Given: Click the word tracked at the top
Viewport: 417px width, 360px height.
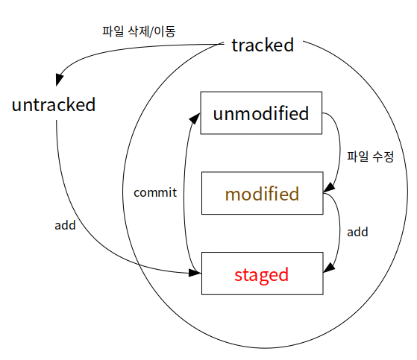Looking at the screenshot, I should [262, 45].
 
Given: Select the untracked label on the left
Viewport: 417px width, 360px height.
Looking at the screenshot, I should [54, 104].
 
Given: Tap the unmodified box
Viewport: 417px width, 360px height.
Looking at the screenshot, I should [261, 114].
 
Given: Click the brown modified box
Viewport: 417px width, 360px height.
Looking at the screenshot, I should [262, 195].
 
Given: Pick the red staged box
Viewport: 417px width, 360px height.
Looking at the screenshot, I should [262, 274].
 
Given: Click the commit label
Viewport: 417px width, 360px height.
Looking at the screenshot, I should [154, 192].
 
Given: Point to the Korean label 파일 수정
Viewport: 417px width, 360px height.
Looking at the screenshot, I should [370, 158].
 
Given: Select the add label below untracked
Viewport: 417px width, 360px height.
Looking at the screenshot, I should [66, 224].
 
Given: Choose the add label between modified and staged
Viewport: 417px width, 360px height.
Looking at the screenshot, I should [358, 232].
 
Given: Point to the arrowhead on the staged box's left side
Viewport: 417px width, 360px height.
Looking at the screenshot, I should [195, 274].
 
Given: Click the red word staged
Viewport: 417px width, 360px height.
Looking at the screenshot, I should [261, 274].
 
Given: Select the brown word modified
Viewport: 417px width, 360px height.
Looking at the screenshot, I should [261, 195].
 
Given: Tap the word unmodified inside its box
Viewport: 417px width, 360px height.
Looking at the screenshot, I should [260, 114].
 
